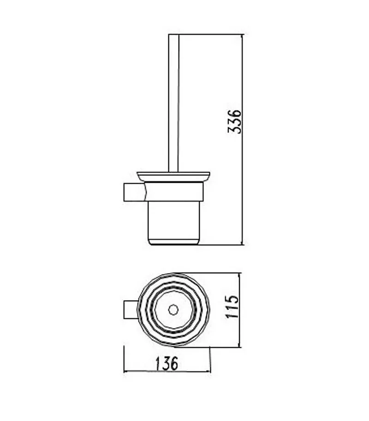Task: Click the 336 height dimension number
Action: tap(234, 121)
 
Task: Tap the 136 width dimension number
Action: tap(167, 363)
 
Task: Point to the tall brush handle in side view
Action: tap(173, 103)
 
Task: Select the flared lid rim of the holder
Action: tap(173, 176)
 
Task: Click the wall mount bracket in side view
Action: tap(134, 192)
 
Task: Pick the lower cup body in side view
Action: tap(174, 223)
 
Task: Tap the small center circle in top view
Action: tap(173, 310)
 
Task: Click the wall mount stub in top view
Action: tap(131, 310)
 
